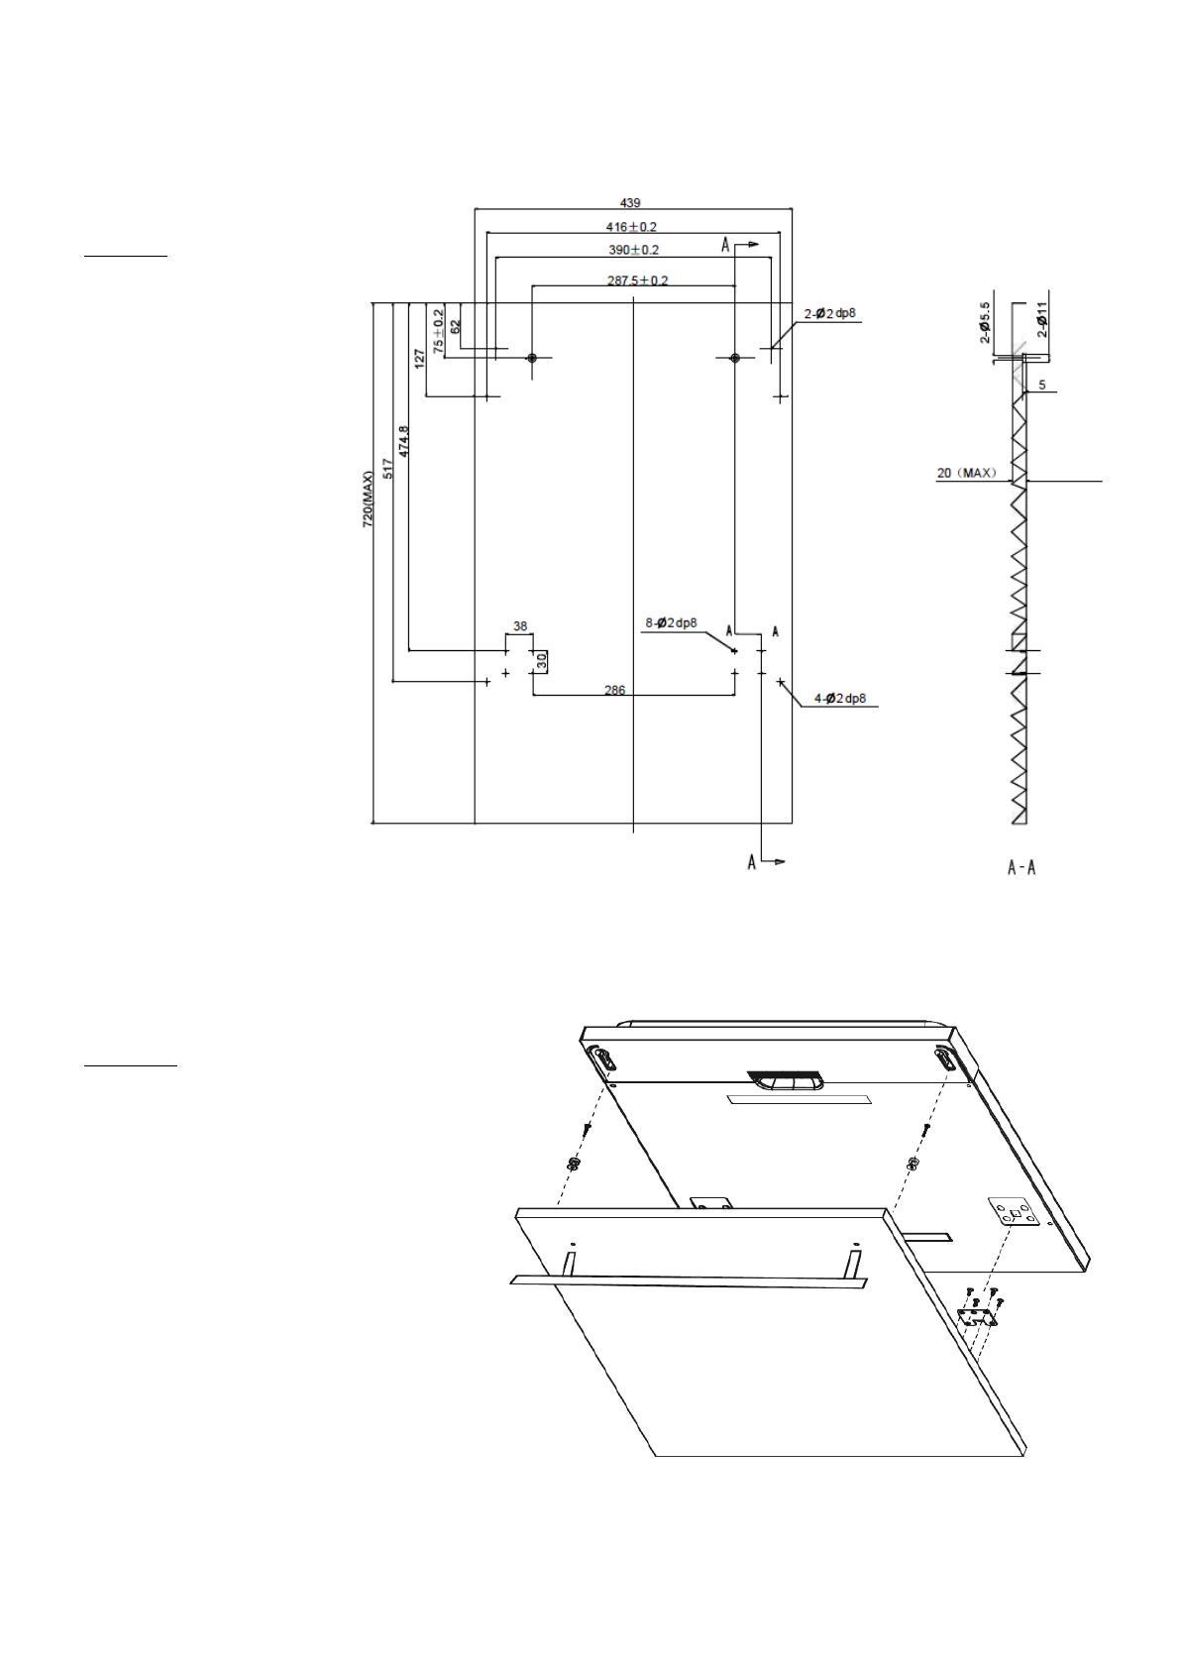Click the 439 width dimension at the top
[x=630, y=203]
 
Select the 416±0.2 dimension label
[x=631, y=227]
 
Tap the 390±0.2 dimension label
[x=633, y=250]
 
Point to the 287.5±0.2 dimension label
[x=637, y=280]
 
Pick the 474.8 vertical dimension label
[x=404, y=441]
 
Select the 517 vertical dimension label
[x=388, y=469]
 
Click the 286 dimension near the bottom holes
[x=614, y=690]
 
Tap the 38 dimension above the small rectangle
[x=520, y=626]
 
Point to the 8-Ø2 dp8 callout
[x=671, y=623]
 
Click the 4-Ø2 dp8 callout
[x=839, y=699]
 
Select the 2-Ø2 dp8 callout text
[x=829, y=314]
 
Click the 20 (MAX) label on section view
[x=966, y=473]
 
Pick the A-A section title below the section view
[x=1021, y=868]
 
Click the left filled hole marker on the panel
[x=532, y=358]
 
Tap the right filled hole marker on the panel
[x=734, y=358]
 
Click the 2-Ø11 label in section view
[x=1042, y=320]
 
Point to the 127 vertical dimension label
[x=420, y=359]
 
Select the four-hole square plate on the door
[x=1015, y=1212]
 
